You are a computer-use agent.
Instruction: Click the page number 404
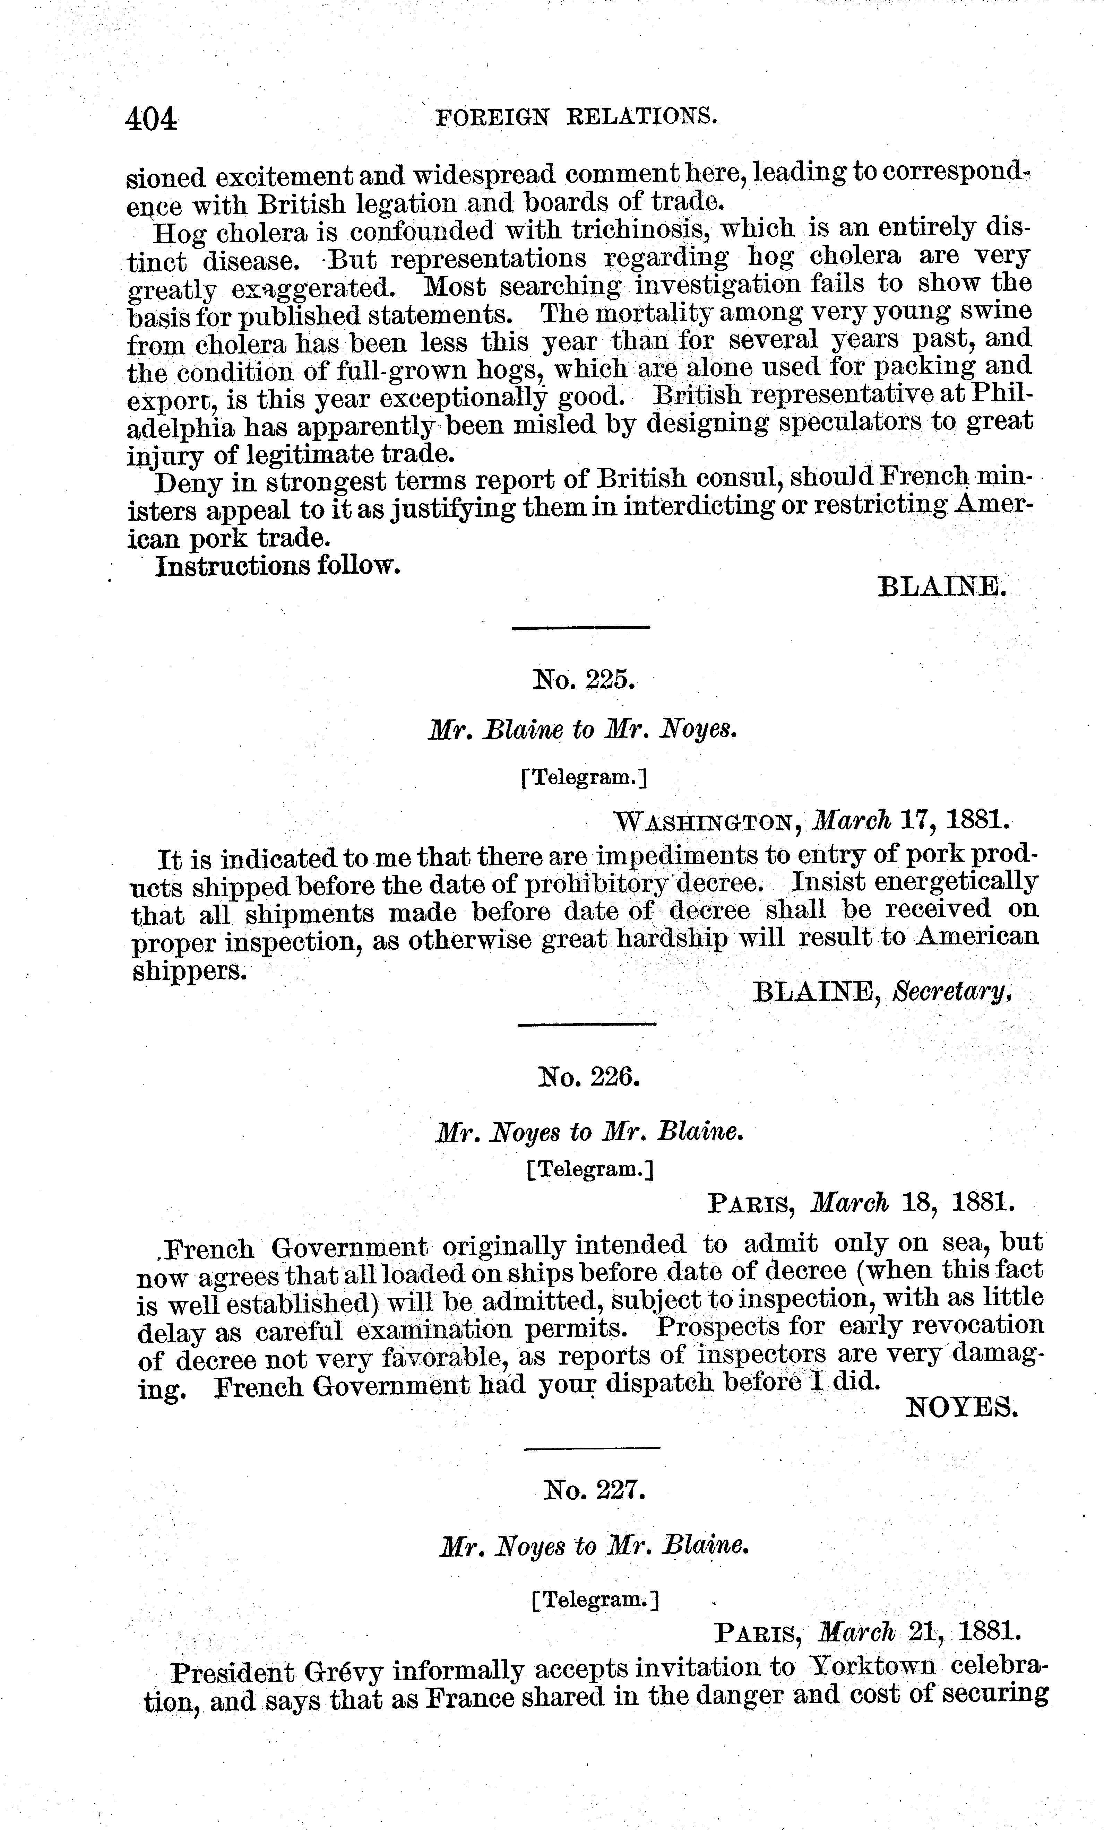click(x=152, y=119)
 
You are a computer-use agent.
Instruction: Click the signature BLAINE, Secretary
click(x=882, y=992)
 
